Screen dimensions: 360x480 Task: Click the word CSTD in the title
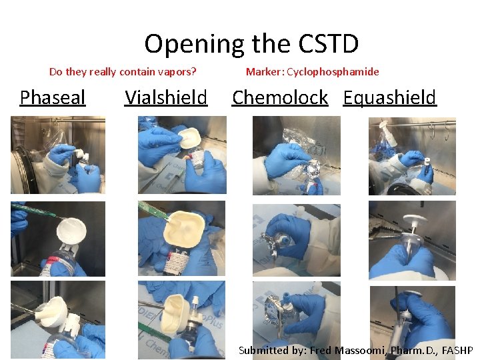pos(329,44)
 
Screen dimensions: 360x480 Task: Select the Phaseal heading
pos(53,97)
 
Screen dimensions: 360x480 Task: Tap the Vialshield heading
pos(166,97)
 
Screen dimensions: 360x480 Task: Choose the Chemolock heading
pos(280,97)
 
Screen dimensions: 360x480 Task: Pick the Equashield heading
pos(389,97)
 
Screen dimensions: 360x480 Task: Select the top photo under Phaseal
pos(58,155)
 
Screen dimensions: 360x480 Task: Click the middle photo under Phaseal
pos(58,238)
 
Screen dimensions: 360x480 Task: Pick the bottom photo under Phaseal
pos(58,319)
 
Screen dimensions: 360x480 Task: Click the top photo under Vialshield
pos(181,155)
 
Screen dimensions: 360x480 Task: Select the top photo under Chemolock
pos(296,156)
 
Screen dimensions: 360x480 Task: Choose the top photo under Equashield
pos(412,156)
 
